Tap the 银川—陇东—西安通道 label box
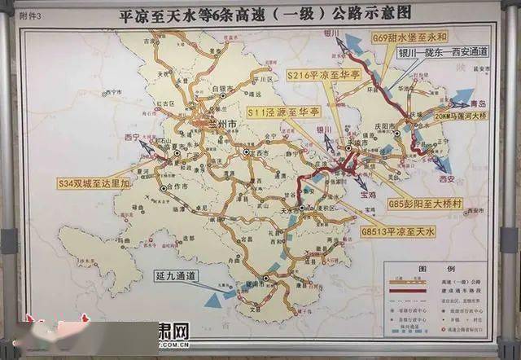(441, 51)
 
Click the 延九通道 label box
(176, 275)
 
